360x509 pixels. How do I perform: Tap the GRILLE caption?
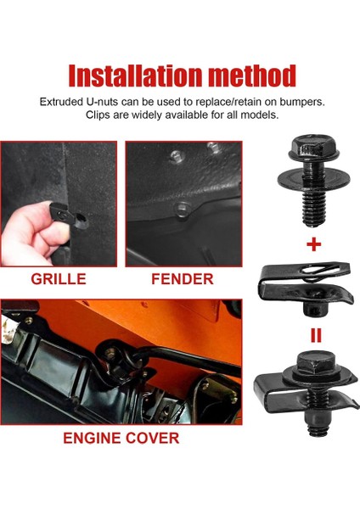58,279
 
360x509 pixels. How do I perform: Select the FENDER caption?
183,279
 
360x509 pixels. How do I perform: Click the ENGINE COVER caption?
121,439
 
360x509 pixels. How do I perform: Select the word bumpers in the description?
298,102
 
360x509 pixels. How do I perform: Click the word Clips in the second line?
101,115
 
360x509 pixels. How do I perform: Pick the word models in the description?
258,115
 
